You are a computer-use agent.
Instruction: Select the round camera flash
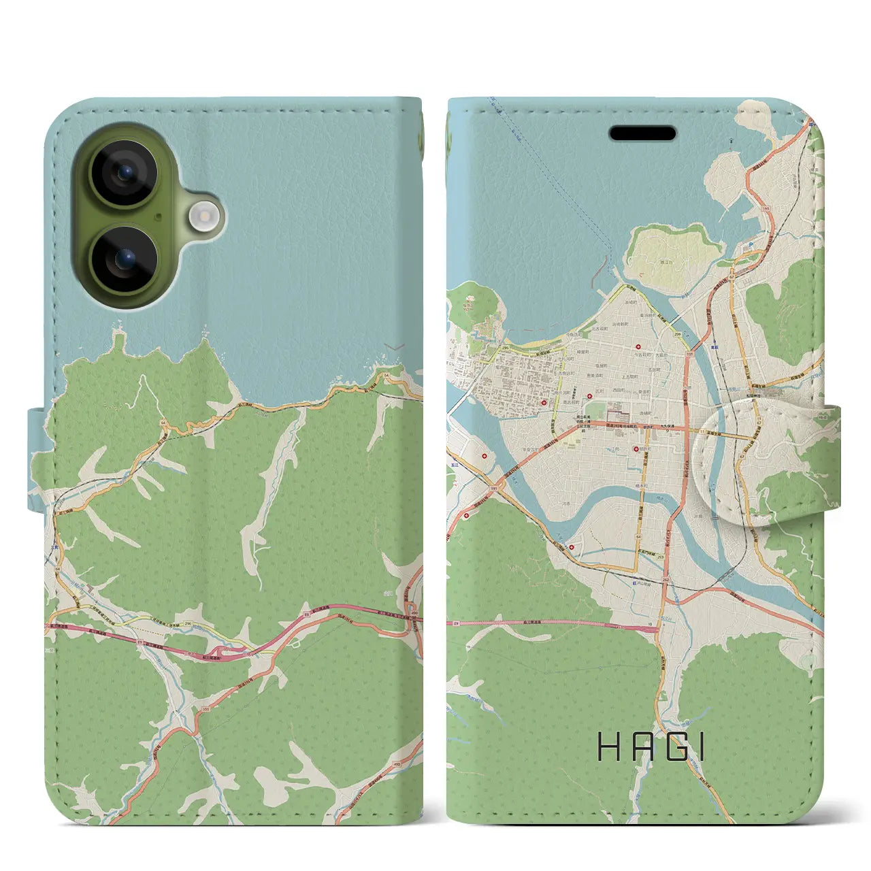(x=202, y=216)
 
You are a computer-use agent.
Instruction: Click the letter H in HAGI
(x=608, y=746)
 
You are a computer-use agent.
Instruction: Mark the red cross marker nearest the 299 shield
(x=637, y=348)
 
